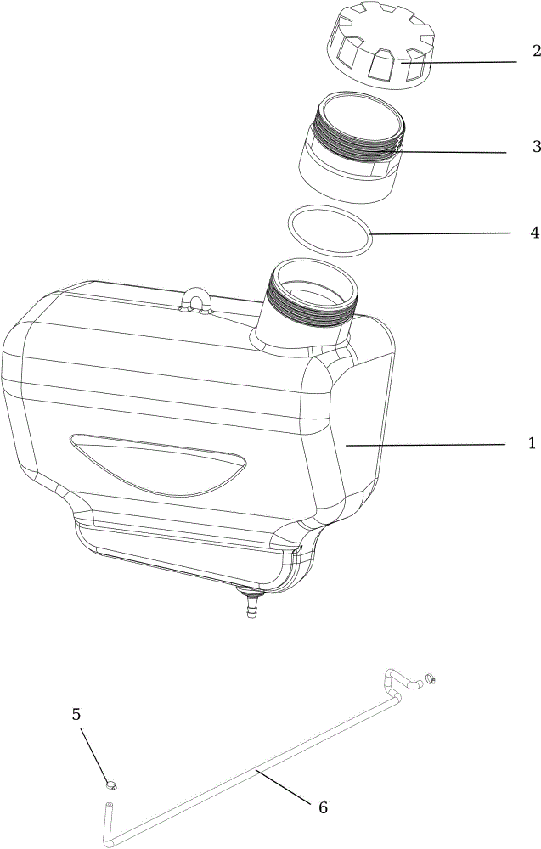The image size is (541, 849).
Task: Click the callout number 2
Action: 536,52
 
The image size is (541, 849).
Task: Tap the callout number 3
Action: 536,146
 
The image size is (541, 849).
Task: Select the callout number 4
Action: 534,233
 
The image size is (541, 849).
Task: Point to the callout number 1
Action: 533,443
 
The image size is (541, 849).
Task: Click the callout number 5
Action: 76,714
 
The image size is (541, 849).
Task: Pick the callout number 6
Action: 323,808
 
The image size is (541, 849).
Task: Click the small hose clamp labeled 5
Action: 111,784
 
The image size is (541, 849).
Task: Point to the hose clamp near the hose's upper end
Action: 431,678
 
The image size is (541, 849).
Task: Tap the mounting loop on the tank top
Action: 195,301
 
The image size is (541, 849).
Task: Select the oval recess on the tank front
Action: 158,464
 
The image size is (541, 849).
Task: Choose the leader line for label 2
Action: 458,62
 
